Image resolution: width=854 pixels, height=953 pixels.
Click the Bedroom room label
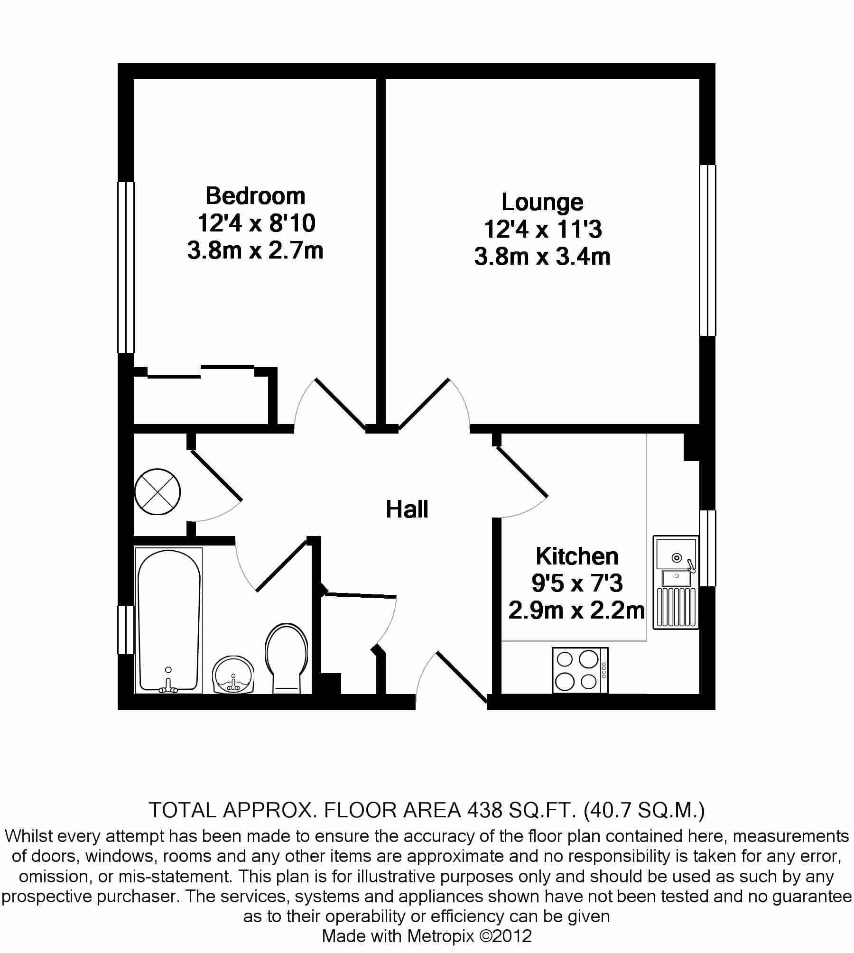pyautogui.click(x=255, y=196)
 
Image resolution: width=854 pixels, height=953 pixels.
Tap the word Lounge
pyautogui.click(x=542, y=203)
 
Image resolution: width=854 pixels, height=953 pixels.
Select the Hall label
pyautogui.click(x=407, y=509)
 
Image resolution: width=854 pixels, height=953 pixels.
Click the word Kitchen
pyautogui.click(x=577, y=556)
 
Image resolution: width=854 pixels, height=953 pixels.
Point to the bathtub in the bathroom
pyautogui.click(x=168, y=620)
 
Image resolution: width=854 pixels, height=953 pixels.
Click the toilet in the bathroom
pyautogui.click(x=286, y=659)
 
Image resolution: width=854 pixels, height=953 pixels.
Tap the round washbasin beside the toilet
pyautogui.click(x=233, y=675)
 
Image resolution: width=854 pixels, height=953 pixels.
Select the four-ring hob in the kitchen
pyautogui.click(x=580, y=670)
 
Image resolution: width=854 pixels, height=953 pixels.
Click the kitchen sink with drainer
pyautogui.click(x=676, y=583)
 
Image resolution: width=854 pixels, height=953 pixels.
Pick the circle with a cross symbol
pyautogui.click(x=158, y=491)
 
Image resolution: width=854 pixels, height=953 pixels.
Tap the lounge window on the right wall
pyautogui.click(x=707, y=250)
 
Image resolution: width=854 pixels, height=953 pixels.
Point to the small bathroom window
pyautogui.click(x=126, y=629)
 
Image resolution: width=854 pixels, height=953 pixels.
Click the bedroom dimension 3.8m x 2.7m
pyautogui.click(x=255, y=250)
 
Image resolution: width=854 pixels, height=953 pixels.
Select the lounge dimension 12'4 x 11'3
pyautogui.click(x=542, y=230)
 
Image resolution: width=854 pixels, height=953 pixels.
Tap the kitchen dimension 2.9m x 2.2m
pyautogui.click(x=576, y=611)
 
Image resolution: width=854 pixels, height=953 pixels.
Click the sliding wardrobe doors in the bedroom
pyautogui.click(x=201, y=372)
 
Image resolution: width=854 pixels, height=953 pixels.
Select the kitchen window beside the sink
pyautogui.click(x=707, y=548)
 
